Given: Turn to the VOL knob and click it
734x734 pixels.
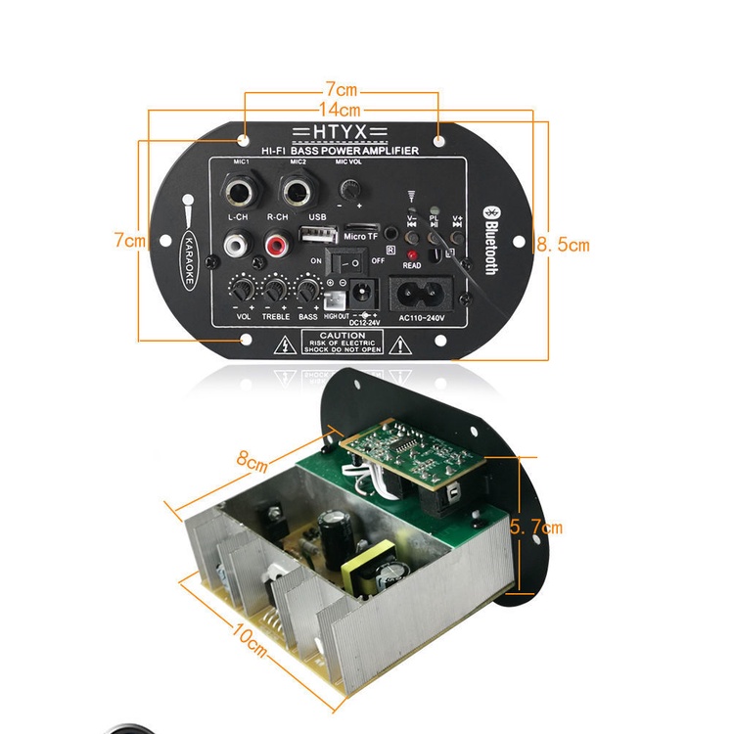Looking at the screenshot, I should point(243,290).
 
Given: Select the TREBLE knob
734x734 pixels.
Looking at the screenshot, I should point(276,290).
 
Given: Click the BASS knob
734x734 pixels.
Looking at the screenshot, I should point(308,290).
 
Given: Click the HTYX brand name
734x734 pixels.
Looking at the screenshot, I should point(340,132).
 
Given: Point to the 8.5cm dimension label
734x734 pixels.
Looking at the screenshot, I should point(563,245).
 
